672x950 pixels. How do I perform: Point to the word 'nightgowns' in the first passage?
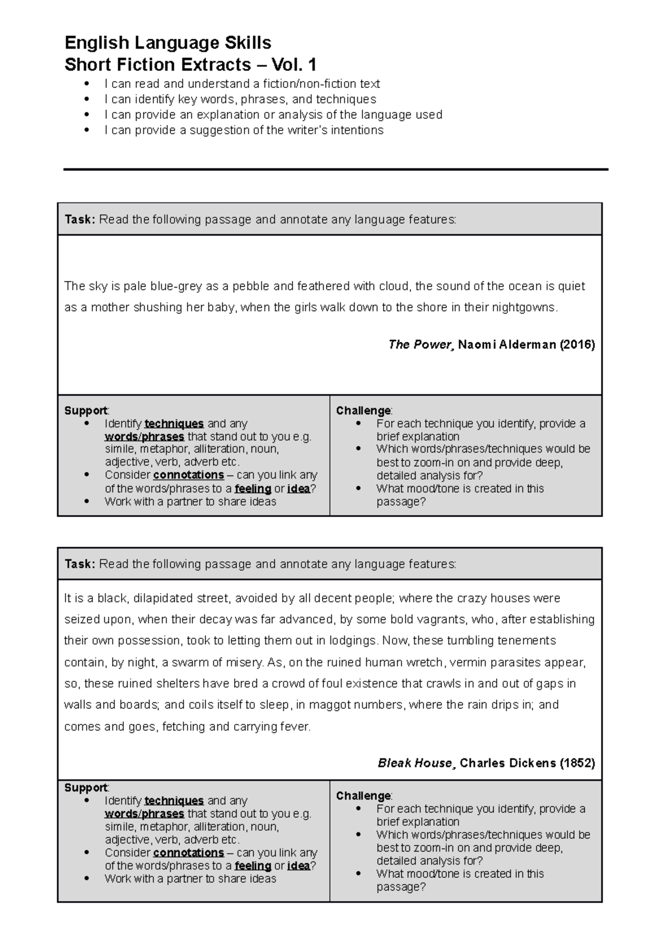[x=526, y=307]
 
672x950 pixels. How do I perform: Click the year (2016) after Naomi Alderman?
[x=576, y=345]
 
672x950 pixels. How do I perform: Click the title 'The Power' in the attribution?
[x=419, y=345]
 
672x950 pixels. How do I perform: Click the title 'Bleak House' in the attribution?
[x=414, y=763]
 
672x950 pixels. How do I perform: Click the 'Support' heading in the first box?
[x=86, y=411]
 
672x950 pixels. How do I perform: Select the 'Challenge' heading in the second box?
[x=363, y=796]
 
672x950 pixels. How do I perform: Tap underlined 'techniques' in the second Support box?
[x=174, y=801]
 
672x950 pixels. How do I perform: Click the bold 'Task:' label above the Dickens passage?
[x=80, y=564]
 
